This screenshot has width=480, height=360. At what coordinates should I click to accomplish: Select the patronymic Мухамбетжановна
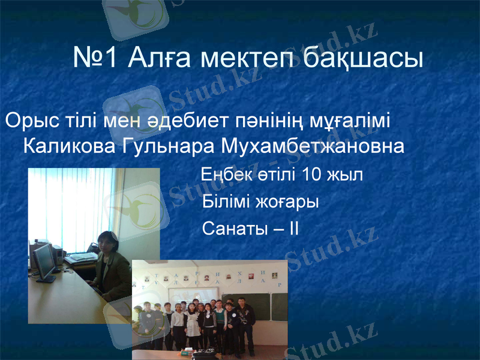(312, 146)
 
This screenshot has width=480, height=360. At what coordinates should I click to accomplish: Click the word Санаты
(230, 229)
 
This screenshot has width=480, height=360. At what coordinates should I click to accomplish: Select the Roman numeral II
(293, 229)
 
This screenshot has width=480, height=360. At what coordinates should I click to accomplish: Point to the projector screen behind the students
(192, 296)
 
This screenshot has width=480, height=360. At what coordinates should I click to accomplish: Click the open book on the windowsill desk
(80, 258)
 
